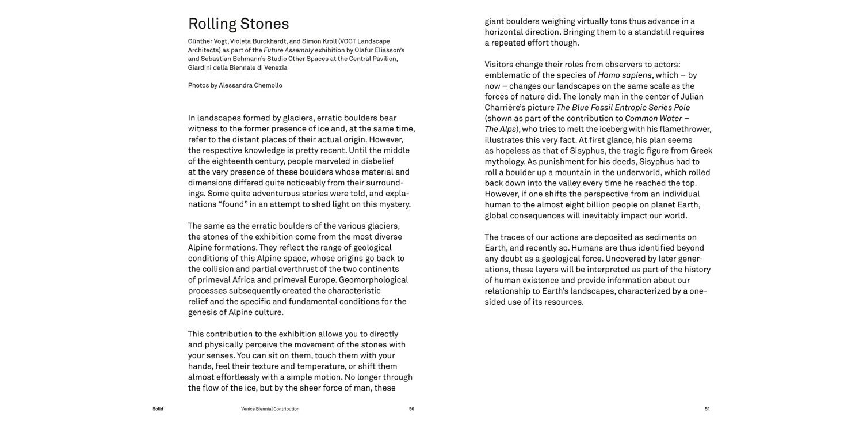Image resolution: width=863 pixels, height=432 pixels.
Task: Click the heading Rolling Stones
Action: click(238, 24)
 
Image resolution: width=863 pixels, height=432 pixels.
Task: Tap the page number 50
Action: click(411, 409)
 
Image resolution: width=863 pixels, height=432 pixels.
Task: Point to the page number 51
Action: click(707, 409)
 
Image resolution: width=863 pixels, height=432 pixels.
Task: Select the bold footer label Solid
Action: click(158, 409)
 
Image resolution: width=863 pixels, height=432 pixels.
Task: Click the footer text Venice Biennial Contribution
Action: click(270, 409)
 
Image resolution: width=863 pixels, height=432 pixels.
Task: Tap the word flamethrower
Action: click(687, 129)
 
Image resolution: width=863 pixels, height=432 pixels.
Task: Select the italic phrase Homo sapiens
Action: click(625, 75)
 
